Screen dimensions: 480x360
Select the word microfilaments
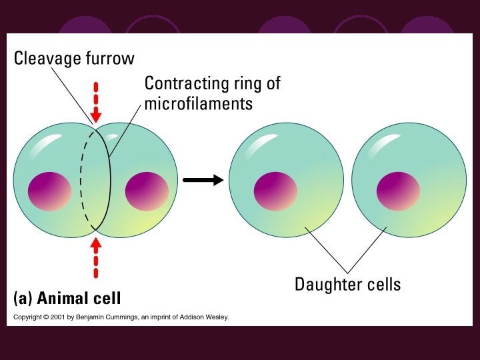click(x=198, y=104)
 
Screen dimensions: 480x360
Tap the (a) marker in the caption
click(x=23, y=297)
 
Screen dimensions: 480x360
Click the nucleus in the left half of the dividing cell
click(x=49, y=190)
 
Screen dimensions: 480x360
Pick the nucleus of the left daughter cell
click(x=275, y=191)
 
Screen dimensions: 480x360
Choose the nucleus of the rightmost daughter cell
click(x=398, y=191)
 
